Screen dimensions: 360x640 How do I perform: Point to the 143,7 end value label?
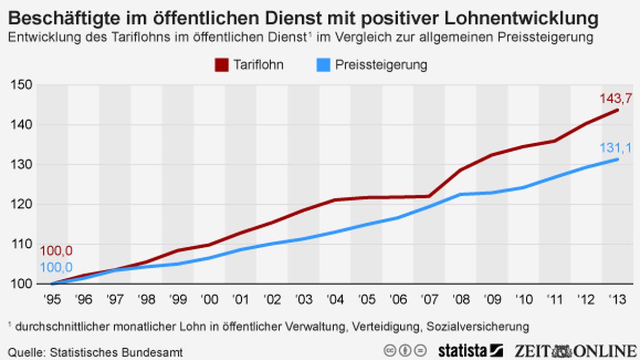pyautogui.click(x=615, y=98)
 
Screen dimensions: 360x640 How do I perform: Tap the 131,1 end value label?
pyautogui.click(x=615, y=148)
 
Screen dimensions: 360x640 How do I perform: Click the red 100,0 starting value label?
pyautogui.click(x=56, y=251)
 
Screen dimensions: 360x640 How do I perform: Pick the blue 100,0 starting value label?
pyautogui.click(x=56, y=267)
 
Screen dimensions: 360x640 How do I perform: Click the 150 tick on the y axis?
pyautogui.click(x=21, y=85)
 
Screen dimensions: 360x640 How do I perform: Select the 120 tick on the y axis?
pyautogui.click(x=21, y=204)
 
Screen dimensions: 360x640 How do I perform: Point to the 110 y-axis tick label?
pyautogui.click(x=21, y=244)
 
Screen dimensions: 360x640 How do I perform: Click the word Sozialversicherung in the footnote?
pyautogui.click(x=478, y=326)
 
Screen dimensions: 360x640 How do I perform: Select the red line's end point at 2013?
pyautogui.click(x=617, y=110)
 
